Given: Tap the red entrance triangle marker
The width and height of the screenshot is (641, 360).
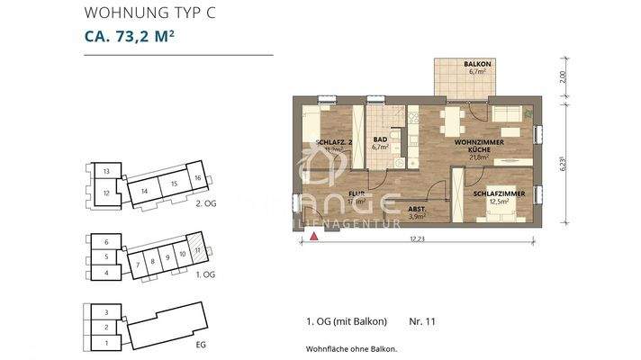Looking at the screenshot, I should coord(313,237).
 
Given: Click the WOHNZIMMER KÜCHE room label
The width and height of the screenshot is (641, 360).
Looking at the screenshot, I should coord(478,148).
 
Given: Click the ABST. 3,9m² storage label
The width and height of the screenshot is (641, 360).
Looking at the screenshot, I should coord(417,213).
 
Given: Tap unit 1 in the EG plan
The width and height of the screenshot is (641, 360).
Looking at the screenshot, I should coord(105,343).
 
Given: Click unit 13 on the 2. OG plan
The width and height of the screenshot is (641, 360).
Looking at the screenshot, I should coord(105,171).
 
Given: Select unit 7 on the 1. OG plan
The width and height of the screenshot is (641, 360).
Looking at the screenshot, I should coord(140,264).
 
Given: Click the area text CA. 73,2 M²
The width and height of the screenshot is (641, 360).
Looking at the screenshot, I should coord(132,37).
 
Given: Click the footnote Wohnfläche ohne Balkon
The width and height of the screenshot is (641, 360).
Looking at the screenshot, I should coord(351,347).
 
